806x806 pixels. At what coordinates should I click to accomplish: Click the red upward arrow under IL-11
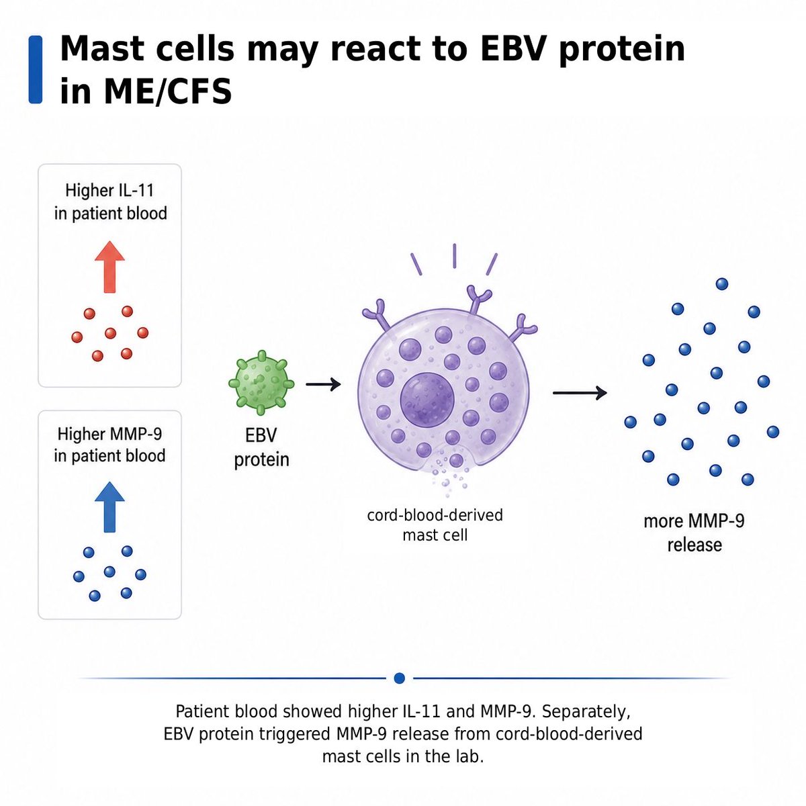(109, 267)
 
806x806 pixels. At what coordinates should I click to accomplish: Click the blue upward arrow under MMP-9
(109, 507)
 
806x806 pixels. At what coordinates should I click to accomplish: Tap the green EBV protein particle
(261, 383)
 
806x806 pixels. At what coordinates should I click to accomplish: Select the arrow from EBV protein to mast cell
(323, 384)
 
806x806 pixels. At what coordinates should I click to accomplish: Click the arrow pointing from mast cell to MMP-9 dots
(580, 393)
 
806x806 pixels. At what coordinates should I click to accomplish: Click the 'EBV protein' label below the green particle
(261, 447)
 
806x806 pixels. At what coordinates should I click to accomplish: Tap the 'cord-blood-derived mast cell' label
(435, 525)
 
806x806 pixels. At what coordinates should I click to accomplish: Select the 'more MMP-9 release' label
(695, 533)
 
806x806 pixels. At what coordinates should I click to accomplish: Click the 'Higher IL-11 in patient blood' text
(110, 202)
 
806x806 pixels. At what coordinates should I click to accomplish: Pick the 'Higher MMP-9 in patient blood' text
(109, 445)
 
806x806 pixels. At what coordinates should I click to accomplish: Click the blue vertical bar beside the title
(36, 69)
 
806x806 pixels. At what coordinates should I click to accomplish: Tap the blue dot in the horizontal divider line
(400, 678)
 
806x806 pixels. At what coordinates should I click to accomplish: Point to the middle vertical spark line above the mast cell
(454, 255)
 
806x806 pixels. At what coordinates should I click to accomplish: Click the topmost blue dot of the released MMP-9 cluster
(722, 284)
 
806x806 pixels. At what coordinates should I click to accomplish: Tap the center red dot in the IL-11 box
(110, 333)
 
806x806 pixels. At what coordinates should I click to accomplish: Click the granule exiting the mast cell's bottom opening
(456, 461)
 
